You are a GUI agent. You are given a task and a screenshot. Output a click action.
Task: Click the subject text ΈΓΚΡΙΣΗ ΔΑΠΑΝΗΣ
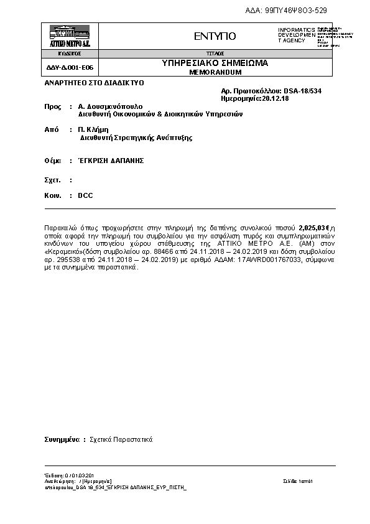111,160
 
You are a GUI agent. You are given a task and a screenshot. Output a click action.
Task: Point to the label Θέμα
52,160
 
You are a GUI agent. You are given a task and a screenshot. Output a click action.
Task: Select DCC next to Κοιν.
85,195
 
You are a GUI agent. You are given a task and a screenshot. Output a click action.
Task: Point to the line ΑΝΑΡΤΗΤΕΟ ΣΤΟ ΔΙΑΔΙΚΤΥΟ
94,82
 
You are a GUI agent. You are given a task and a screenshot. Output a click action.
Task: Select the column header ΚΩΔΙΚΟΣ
70,54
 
